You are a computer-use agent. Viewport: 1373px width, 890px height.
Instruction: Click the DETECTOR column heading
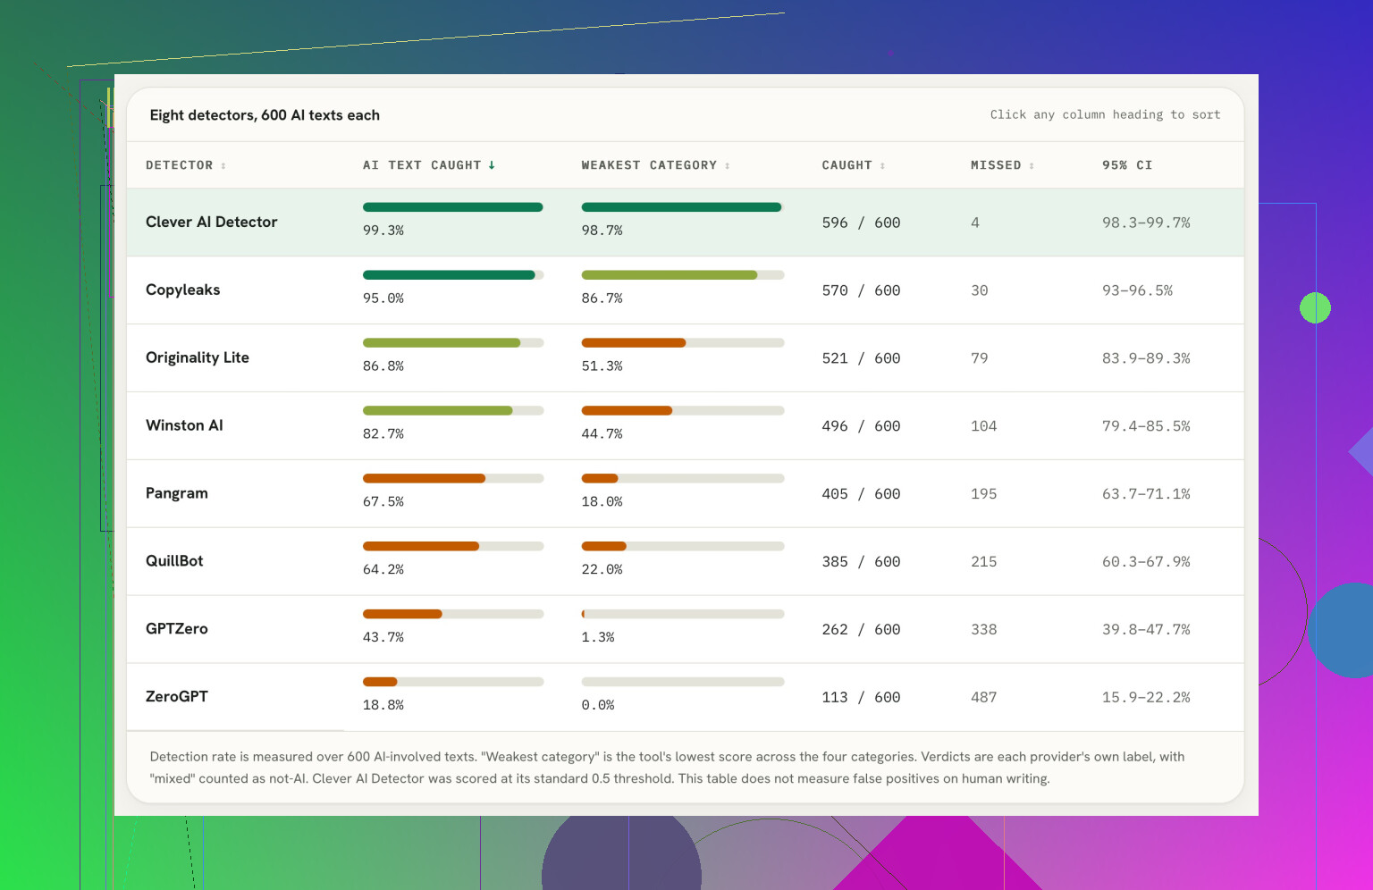pyautogui.click(x=179, y=165)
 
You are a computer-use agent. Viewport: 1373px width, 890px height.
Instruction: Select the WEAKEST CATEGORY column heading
pyautogui.click(x=648, y=165)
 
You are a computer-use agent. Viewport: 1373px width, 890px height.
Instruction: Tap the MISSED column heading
pyautogui.click(x=996, y=165)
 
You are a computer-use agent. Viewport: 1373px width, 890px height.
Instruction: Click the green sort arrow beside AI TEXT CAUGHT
pyautogui.click(x=492, y=165)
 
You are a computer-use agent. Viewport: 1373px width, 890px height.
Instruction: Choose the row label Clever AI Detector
pyautogui.click(x=212, y=222)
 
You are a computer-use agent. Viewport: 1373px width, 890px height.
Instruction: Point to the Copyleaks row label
pyautogui.click(x=182, y=290)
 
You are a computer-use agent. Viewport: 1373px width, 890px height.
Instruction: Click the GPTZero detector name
pyautogui.click(x=176, y=629)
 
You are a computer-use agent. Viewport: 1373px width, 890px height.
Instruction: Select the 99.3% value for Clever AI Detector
pyautogui.click(x=383, y=231)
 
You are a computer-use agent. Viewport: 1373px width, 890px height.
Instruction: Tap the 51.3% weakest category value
pyautogui.click(x=602, y=366)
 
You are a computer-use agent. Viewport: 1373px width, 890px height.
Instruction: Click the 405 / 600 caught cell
pyautogui.click(x=861, y=494)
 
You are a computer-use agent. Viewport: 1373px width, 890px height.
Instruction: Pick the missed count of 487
pyautogui.click(x=983, y=698)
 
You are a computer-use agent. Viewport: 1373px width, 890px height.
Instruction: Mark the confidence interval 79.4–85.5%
pyautogui.click(x=1146, y=426)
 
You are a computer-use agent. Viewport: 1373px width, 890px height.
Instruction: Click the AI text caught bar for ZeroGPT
pyautogui.click(x=453, y=682)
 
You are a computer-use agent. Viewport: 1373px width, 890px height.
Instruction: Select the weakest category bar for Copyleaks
pyautogui.click(x=682, y=275)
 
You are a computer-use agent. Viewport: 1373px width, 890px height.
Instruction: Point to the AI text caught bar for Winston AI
pyautogui.click(x=453, y=411)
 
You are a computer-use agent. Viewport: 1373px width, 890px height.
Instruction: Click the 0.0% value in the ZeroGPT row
pyautogui.click(x=598, y=705)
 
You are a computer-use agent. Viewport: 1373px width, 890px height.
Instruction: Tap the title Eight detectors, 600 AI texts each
pyautogui.click(x=265, y=115)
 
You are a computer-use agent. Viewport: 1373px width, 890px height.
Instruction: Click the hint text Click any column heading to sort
pyautogui.click(x=1105, y=114)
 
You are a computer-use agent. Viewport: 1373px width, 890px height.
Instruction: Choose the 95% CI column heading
pyautogui.click(x=1126, y=165)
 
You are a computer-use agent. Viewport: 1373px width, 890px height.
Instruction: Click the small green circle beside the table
pyautogui.click(x=1315, y=307)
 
